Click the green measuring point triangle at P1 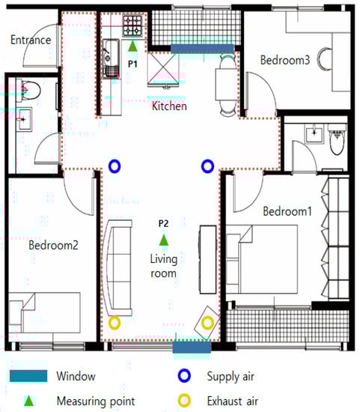(132, 46)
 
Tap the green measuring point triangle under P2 (164, 240)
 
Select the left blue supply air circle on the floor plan (115, 166)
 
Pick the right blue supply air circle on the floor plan (207, 166)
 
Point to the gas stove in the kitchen (133, 25)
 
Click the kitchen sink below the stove (111, 58)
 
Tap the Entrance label (31, 40)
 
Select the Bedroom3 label (285, 60)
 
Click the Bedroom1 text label (287, 211)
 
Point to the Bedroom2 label (53, 246)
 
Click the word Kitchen (169, 106)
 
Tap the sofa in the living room (118, 267)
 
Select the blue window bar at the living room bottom (192, 348)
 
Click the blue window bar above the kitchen (202, 49)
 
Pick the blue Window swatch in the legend (28, 376)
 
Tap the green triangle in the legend (29, 402)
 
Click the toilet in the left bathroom (31, 90)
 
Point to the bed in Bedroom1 (262, 259)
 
